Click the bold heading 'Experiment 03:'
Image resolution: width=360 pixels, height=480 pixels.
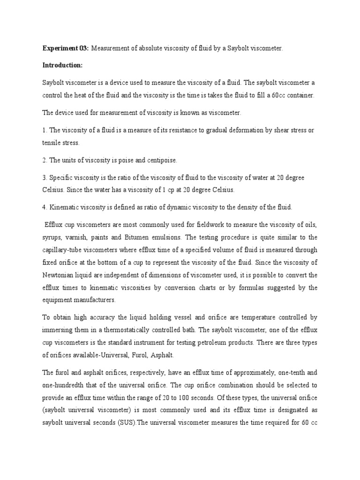pos(65,48)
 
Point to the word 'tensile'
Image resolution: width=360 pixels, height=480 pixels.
pos(52,143)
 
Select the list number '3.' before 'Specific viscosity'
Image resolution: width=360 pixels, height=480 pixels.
pos(45,178)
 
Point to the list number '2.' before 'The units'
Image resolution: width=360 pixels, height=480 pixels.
pos(45,160)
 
